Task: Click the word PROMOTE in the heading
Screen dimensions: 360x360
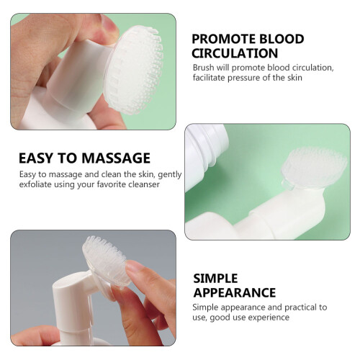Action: (223, 39)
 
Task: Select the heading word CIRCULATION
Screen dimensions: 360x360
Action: (235, 53)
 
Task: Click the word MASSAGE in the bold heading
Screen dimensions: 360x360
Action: (116, 158)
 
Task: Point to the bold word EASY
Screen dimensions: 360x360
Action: (36, 158)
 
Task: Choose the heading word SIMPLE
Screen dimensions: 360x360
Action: (215, 279)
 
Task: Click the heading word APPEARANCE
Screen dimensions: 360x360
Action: (235, 292)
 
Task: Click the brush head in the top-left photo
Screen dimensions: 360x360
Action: (134, 70)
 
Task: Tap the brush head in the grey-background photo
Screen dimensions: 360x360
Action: (106, 261)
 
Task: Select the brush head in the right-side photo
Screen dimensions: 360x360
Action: (315, 168)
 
